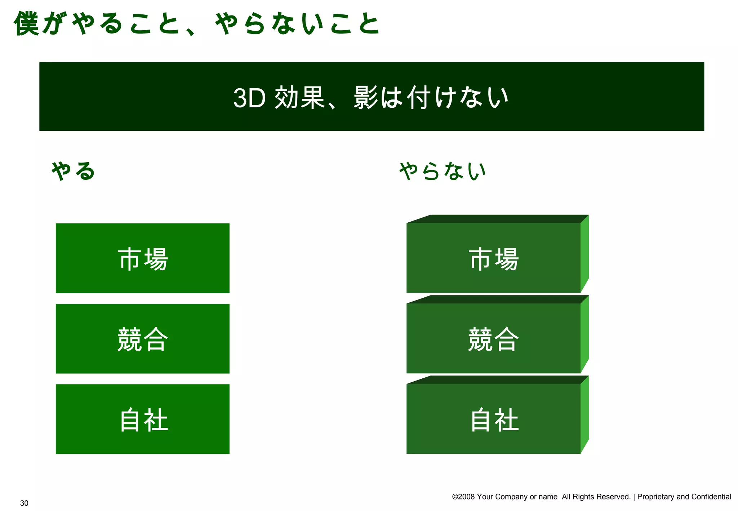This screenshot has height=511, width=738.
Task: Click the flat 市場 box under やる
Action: pyautogui.click(x=142, y=258)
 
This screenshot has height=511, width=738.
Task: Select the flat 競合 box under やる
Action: pyautogui.click(x=142, y=338)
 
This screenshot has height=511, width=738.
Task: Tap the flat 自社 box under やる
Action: pyautogui.click(x=142, y=419)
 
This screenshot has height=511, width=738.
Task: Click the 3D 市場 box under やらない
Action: pyautogui.click(x=493, y=258)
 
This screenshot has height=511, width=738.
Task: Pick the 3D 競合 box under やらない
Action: pyautogui.click(x=493, y=338)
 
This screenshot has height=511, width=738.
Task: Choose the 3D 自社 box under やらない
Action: pyautogui.click(x=493, y=419)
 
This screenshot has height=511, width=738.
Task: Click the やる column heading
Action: pyautogui.click(x=73, y=171)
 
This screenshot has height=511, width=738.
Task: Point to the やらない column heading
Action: pyautogui.click(x=443, y=171)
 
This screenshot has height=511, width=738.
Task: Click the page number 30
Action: pyautogui.click(x=24, y=503)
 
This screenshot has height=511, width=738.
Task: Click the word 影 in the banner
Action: pyautogui.click(x=366, y=97)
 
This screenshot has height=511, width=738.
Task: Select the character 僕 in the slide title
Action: pyautogui.click(x=27, y=23)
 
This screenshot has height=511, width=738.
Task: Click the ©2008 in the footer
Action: pyautogui.click(x=463, y=497)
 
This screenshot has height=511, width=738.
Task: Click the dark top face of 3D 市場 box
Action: pyautogui.click(x=497, y=219)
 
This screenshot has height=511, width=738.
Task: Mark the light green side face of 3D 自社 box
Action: pyautogui.click(x=584, y=414)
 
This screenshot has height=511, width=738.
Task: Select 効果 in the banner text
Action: pyautogui.click(x=299, y=97)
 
